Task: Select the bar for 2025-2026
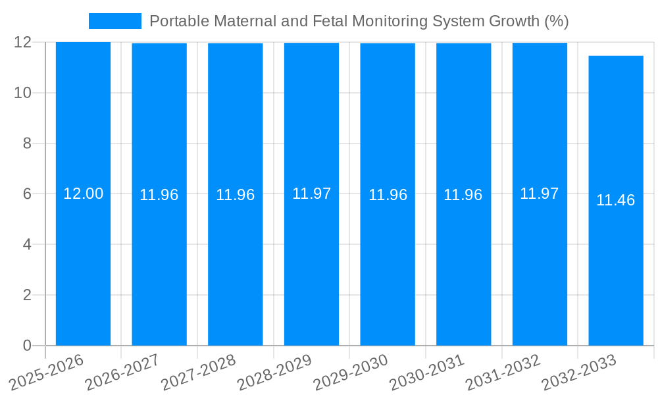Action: (x=83, y=263)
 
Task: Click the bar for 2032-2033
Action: (x=616, y=263)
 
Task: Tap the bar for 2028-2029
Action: (x=311, y=263)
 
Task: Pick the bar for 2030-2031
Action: (x=463, y=263)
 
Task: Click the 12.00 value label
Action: (x=83, y=194)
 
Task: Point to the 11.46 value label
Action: (x=616, y=200)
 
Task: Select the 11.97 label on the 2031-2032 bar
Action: (x=540, y=194)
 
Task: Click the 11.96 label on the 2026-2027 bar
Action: (x=159, y=195)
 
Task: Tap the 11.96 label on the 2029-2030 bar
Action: (x=388, y=195)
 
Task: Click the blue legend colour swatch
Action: (x=115, y=21)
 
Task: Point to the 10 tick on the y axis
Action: (x=23, y=93)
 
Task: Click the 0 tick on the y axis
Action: (x=27, y=346)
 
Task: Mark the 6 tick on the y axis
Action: (x=27, y=194)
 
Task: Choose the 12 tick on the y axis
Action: (x=23, y=42)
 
